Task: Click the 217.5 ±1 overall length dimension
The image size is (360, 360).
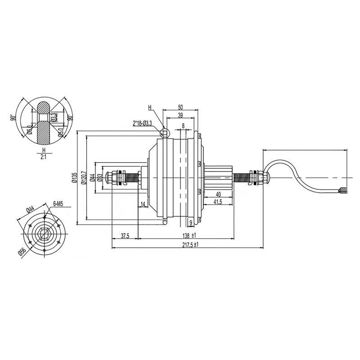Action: coord(190,245)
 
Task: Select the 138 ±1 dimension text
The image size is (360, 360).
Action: coord(189,235)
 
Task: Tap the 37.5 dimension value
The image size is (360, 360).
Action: coord(125,236)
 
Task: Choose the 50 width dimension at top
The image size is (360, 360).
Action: coord(180,107)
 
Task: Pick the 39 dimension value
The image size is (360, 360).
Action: coord(180,115)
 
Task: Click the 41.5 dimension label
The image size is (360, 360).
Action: coord(218,202)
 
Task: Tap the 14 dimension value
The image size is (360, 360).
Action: coord(143,204)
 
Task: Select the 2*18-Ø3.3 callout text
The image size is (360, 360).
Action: coord(142,124)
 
